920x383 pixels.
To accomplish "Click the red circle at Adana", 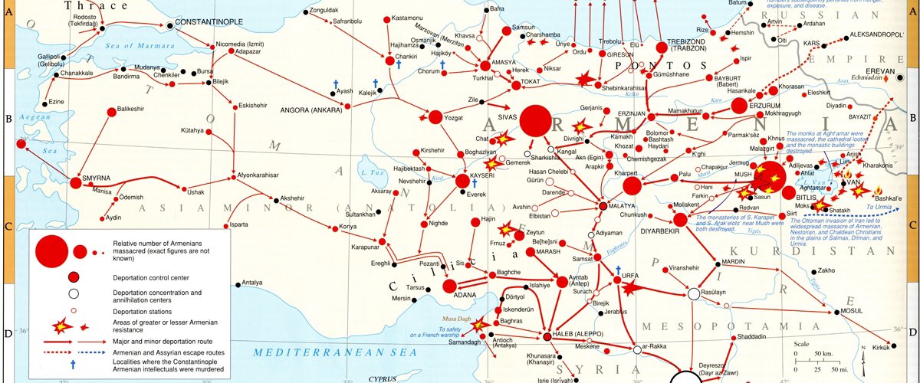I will [x=461, y=286].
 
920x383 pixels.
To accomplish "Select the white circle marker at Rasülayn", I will [x=693, y=294].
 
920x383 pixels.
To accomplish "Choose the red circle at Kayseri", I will [x=462, y=181].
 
